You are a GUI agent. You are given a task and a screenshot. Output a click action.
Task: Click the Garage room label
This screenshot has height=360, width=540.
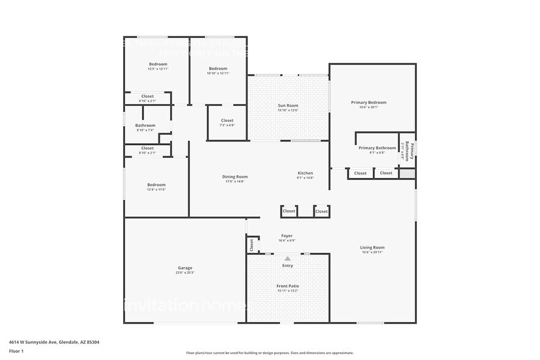pos(185,268)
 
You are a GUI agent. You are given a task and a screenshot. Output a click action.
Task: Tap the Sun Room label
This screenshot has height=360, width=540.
pos(288,105)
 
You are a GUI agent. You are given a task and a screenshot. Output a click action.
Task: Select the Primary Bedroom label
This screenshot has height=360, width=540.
pos(369,102)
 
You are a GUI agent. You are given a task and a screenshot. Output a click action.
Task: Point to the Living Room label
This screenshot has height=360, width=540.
pos(372,247)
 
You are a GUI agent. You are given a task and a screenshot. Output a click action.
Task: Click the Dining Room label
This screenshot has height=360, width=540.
pos(234,176)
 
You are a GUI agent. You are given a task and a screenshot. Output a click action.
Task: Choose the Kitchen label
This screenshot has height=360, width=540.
pos(305,173)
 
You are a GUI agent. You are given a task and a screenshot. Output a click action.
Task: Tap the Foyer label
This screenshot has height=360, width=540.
pos(287,236)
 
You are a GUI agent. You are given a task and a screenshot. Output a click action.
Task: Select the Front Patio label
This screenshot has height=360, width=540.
pos(287,286)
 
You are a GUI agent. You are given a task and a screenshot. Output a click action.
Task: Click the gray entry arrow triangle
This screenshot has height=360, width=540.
pos(287,258)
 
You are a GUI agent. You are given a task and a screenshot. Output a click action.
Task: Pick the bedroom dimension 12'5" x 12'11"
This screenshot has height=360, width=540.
pos(158,69)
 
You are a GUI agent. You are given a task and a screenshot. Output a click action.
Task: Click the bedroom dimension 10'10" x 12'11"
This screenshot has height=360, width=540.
pos(218,73)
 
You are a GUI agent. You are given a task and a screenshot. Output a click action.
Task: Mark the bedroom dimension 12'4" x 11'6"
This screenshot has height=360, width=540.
pos(156,190)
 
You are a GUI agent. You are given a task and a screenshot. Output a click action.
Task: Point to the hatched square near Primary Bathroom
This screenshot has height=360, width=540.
pos(407,174)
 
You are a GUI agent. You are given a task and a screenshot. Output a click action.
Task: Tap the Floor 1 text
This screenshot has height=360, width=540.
pos(16,351)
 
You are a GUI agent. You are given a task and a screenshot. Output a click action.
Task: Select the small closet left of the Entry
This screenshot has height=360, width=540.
pos(252,244)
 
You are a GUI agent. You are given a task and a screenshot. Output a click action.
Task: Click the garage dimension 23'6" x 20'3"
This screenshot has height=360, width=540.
pos(185,272)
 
